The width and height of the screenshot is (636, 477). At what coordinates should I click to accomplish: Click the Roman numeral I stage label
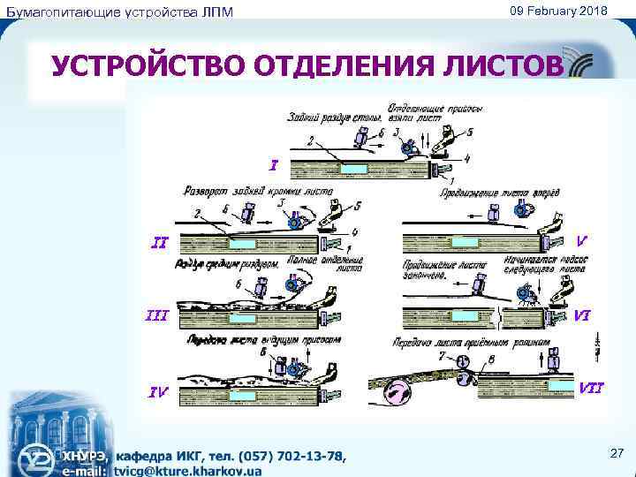pos(275,163)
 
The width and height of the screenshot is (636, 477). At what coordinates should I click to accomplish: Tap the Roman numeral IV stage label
pos(158,392)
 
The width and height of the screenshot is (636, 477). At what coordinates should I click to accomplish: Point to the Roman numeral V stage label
pos(582,238)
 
